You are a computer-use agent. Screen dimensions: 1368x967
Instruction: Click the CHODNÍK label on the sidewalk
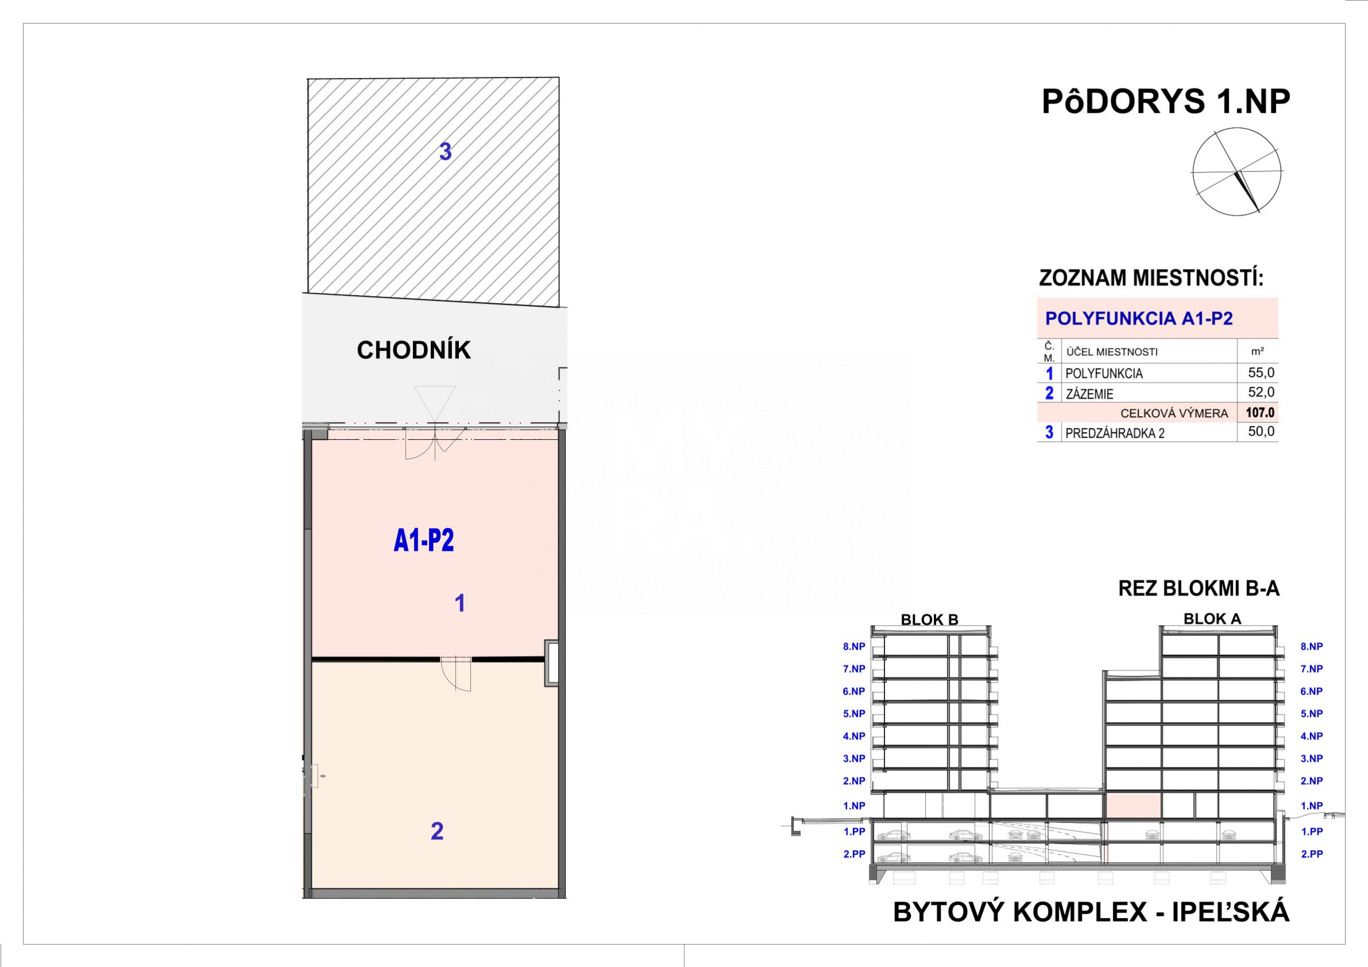click(413, 350)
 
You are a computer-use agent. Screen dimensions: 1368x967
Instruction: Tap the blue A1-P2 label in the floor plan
click(424, 540)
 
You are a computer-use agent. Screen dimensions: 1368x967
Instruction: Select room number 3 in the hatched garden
click(445, 152)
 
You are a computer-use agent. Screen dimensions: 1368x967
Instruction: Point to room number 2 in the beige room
click(436, 831)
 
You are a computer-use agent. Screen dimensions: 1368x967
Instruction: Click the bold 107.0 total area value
click(1259, 412)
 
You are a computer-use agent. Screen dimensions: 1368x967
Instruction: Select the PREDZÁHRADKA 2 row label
click(1115, 433)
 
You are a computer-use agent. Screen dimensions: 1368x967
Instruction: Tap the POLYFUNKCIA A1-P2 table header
click(1139, 318)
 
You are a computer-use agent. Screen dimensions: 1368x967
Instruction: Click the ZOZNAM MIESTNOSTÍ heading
click(1151, 278)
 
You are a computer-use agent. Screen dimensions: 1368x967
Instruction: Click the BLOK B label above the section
click(929, 620)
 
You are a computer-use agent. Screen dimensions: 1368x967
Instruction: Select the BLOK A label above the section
click(1213, 619)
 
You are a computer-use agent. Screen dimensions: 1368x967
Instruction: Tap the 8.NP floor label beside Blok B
click(854, 646)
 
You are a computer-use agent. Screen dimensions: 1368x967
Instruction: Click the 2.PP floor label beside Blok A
click(1312, 854)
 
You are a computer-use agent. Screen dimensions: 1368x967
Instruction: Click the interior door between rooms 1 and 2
click(456, 673)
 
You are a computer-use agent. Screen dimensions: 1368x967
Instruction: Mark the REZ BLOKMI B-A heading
click(1199, 589)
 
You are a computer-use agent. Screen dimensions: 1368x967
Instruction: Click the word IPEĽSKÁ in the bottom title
click(1231, 912)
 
